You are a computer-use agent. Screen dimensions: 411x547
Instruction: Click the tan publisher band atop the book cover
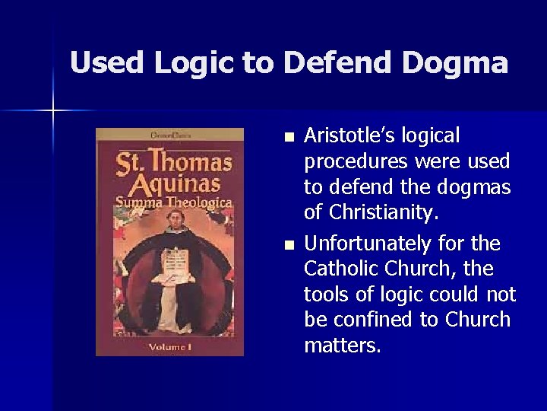tap(169, 135)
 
